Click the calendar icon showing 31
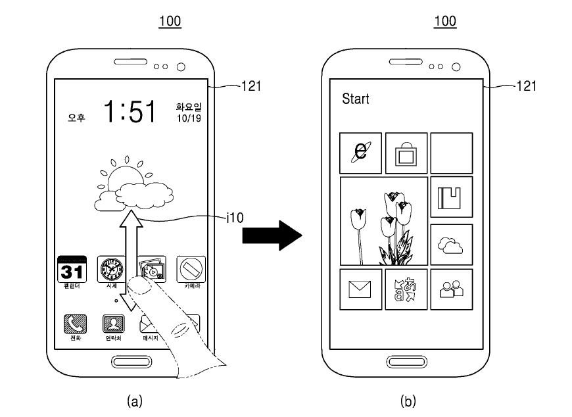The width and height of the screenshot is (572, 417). pyautogui.click(x=72, y=270)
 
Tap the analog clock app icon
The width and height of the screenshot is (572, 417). pyautogui.click(x=110, y=269)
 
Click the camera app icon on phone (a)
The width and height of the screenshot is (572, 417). pyautogui.click(x=191, y=269)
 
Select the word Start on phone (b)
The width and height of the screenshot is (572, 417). pyautogui.click(x=356, y=99)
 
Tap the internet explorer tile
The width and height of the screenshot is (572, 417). pyautogui.click(x=360, y=153)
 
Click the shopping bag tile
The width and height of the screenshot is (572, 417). pyautogui.click(x=406, y=153)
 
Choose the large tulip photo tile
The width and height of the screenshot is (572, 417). pyautogui.click(x=384, y=221)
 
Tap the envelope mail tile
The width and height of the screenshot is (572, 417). pyautogui.click(x=360, y=289)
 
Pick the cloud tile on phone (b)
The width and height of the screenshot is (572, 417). pyautogui.click(x=451, y=245)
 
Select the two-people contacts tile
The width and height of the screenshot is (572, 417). pyautogui.click(x=451, y=289)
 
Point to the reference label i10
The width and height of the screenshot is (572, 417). pyautogui.click(x=234, y=218)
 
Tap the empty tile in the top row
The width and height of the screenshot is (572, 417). pyautogui.click(x=451, y=153)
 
